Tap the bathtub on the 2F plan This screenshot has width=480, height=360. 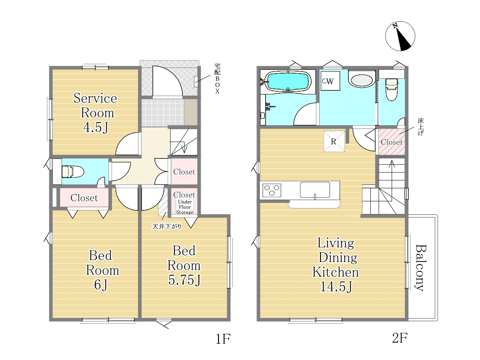[x=288, y=82]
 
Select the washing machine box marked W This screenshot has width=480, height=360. [x=330, y=81]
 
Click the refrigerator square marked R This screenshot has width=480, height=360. [x=334, y=141]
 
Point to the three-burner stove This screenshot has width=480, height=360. [x=272, y=190]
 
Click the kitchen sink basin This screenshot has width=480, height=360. [x=315, y=190]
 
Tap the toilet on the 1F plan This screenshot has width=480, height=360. [x=73, y=171]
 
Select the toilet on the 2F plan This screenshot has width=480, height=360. [x=392, y=89]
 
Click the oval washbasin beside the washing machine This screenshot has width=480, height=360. [x=362, y=81]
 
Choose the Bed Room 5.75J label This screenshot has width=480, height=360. [x=184, y=265]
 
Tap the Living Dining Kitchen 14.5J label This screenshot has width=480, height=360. [x=336, y=265]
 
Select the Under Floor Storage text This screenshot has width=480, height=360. [x=185, y=207]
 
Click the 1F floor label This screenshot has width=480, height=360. [x=223, y=339]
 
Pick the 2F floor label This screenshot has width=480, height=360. [x=400, y=338]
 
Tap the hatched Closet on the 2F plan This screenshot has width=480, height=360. [x=392, y=142]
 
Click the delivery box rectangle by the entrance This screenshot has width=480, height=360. [x=196, y=82]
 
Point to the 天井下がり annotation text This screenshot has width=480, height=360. [x=167, y=227]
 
